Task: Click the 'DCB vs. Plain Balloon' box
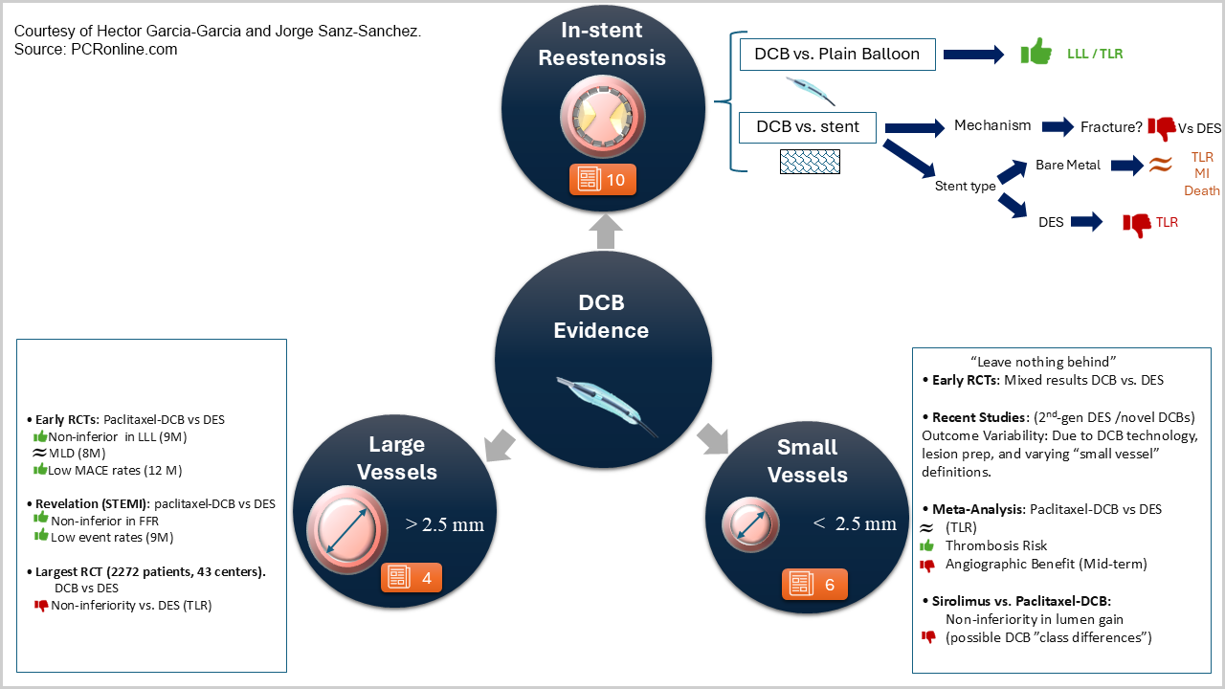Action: pos(837,55)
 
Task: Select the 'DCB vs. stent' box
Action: pos(809,126)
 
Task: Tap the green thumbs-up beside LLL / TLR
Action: pos(1036,53)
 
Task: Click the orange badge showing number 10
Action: pos(602,179)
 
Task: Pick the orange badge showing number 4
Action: pos(412,578)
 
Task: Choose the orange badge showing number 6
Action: pos(813,584)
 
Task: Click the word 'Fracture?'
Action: pos(1111,126)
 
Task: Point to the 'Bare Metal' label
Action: pos(1067,166)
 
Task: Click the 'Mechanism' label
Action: pos(992,125)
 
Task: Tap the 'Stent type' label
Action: pos(965,186)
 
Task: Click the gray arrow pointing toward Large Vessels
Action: pos(501,443)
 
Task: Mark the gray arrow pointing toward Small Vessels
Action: pos(711,442)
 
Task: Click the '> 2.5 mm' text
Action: pos(445,524)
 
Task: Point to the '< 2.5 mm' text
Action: pos(855,523)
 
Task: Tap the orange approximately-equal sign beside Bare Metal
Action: pos(1160,166)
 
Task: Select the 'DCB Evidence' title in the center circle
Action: pos(601,317)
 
